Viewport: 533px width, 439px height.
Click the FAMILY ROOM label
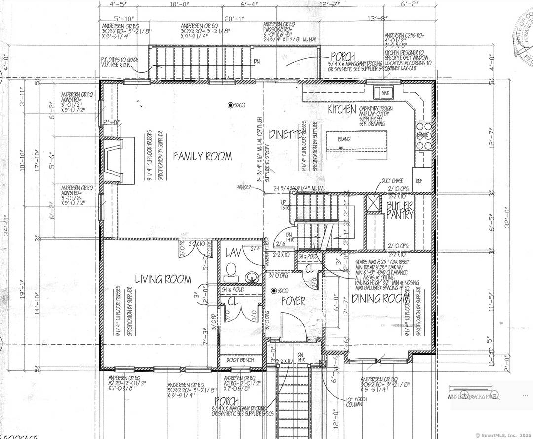click(x=202, y=157)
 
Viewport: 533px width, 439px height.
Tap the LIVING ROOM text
click(x=163, y=279)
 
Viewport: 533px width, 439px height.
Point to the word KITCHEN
click(x=342, y=109)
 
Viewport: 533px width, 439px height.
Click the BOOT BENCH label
click(x=240, y=360)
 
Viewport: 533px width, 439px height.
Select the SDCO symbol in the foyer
click(x=277, y=290)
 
